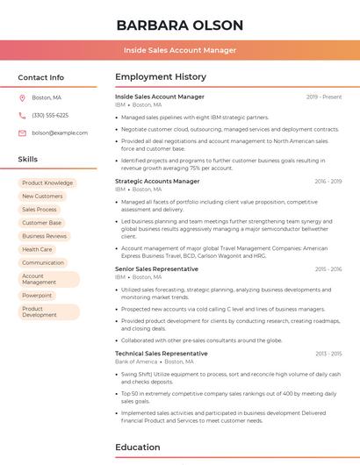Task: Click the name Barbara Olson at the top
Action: (179, 25)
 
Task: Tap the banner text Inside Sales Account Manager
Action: (179, 50)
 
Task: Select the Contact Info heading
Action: (40, 77)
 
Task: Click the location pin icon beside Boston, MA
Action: (22, 97)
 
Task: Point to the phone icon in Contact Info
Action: (22, 115)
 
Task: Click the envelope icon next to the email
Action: (22, 132)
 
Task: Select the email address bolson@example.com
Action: (60, 132)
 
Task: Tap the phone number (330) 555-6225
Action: (50, 115)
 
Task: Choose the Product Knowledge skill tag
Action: (47, 182)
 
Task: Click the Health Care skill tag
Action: (37, 249)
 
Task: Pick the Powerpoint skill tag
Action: (37, 296)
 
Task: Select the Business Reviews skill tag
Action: (44, 236)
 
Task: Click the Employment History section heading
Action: (161, 77)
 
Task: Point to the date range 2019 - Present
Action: (324, 97)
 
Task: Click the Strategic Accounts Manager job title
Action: (157, 181)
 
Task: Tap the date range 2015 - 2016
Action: (328, 269)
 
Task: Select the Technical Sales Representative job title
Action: (162, 353)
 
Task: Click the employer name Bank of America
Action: (136, 361)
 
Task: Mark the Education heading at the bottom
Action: (139, 447)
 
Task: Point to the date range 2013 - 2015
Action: (328, 354)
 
